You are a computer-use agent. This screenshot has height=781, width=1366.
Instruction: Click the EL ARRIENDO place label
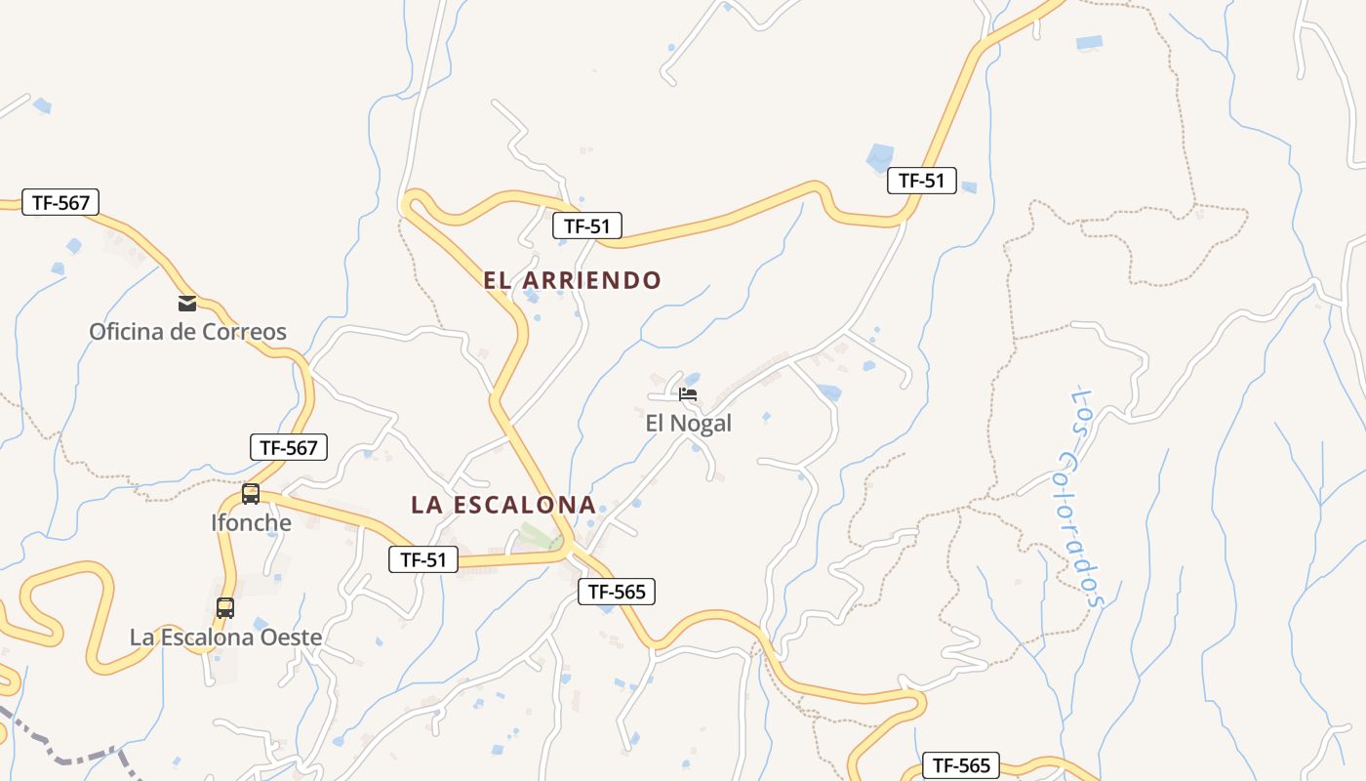pyautogui.click(x=572, y=280)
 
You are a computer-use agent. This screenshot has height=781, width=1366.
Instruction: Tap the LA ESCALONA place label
pyautogui.click(x=502, y=505)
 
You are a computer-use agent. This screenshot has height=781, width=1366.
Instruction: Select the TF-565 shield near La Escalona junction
pyautogui.click(x=617, y=591)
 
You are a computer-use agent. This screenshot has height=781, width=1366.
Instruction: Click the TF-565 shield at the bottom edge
pyautogui.click(x=961, y=765)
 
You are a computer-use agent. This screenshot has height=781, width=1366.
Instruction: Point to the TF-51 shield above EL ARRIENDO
pyautogui.click(x=587, y=226)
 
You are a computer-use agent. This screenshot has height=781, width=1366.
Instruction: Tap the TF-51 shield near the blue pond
pyautogui.click(x=921, y=181)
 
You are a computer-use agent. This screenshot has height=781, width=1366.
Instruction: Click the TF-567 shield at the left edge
pyautogui.click(x=60, y=202)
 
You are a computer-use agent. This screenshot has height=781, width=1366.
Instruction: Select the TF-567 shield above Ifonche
pyautogui.click(x=289, y=448)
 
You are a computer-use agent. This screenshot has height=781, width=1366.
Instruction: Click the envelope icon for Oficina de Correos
pyautogui.click(x=187, y=303)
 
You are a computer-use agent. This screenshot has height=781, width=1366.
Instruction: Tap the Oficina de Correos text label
pyautogui.click(x=187, y=332)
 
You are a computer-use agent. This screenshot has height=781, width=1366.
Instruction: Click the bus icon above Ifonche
pyautogui.click(x=251, y=493)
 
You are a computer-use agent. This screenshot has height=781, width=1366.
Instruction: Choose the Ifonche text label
pyautogui.click(x=251, y=522)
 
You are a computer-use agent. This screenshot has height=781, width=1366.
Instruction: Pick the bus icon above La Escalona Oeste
pyautogui.click(x=225, y=608)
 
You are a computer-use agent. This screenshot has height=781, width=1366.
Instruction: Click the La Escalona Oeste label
pyautogui.click(x=225, y=637)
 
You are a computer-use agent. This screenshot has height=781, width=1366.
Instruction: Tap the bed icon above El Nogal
pyautogui.click(x=688, y=394)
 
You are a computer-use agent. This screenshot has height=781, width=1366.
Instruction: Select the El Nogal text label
pyautogui.click(x=688, y=424)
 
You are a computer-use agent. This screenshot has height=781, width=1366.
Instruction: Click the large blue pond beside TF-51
pyautogui.click(x=879, y=157)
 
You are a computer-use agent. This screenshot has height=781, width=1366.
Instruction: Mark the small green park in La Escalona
pyautogui.click(x=534, y=536)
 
